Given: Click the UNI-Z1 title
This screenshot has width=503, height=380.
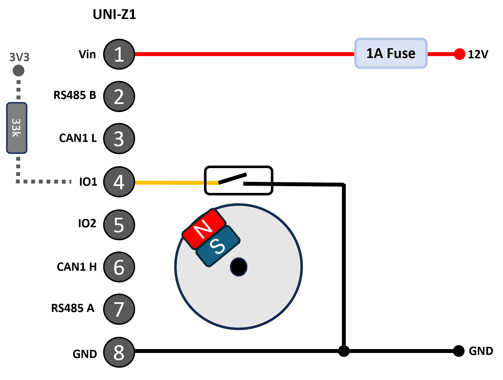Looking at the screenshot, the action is click(114, 14).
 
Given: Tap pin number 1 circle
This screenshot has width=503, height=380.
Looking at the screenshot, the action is click(119, 54).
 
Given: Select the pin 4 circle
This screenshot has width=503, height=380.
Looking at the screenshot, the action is click(119, 182).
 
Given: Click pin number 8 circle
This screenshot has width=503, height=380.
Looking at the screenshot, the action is click(119, 352).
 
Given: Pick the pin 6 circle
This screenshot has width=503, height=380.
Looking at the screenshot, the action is click(119, 267).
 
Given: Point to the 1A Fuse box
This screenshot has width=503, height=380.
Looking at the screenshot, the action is click(391, 53).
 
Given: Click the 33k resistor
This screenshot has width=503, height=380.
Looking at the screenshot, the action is click(17, 128).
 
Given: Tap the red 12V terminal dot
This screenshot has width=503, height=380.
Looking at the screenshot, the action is click(460, 54).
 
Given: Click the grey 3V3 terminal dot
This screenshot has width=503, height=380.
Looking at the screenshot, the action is click(19, 71).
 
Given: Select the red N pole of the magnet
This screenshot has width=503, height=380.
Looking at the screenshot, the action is click(204, 229).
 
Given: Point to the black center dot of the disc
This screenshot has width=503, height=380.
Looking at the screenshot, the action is click(239, 267).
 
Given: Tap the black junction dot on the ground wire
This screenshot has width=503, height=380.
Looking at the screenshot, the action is click(344, 351).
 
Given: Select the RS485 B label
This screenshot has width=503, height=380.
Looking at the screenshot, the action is click(75, 95).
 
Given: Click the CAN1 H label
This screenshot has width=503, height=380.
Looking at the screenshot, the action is click(77, 267).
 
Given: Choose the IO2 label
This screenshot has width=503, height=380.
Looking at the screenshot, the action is click(87, 223).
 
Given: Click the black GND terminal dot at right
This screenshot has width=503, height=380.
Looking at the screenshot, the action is click(459, 351).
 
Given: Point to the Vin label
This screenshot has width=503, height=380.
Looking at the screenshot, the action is click(87, 54).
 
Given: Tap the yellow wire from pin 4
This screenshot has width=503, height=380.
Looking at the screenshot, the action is click(177, 183).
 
